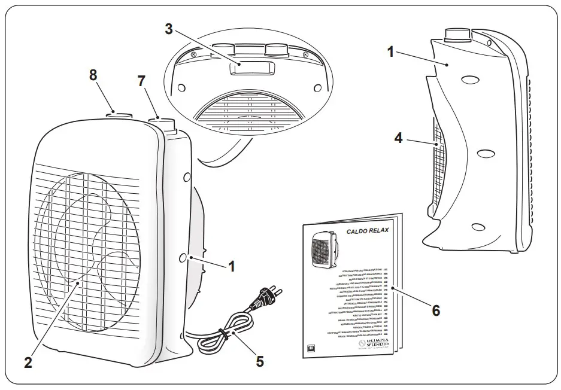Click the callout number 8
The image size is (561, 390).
[x=93, y=76]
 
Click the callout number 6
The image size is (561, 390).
[x=435, y=310]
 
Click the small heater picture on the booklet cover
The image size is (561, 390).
[x=324, y=248]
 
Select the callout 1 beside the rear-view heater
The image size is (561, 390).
[x=390, y=53]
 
